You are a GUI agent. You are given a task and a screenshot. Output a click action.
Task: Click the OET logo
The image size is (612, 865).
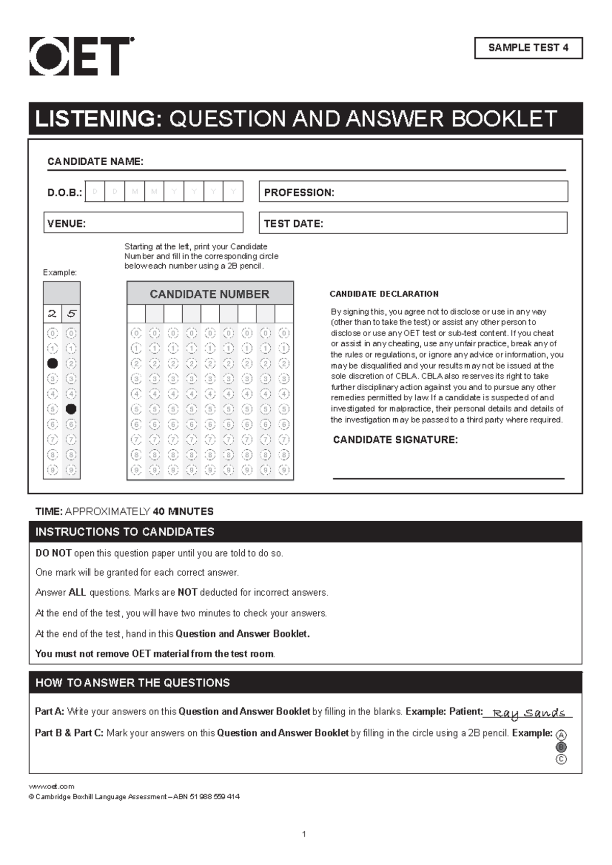point(82,56)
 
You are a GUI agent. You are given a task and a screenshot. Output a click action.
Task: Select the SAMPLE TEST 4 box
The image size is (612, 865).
point(528,48)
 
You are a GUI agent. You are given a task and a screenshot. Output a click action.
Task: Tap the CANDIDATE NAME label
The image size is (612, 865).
point(95,162)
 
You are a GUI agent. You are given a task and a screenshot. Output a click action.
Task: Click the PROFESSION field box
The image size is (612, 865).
point(413,192)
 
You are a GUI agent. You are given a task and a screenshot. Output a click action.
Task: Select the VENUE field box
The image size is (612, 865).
point(143,223)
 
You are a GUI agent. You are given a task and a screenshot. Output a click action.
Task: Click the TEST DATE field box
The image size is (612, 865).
point(413,223)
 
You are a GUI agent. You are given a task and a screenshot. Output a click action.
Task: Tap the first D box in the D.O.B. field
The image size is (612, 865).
point(95,192)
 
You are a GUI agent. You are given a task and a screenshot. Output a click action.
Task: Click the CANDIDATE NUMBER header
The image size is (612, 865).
point(210,294)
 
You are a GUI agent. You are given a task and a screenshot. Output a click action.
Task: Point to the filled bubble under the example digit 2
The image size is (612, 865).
point(52,364)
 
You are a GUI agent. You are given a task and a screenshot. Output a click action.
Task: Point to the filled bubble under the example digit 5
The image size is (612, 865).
point(71,409)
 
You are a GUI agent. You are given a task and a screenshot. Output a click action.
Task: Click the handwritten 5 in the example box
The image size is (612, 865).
point(71,314)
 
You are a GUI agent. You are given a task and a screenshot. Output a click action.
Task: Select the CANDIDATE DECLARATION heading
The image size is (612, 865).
point(384,294)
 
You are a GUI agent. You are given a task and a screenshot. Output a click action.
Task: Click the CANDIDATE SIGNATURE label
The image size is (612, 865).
point(395,440)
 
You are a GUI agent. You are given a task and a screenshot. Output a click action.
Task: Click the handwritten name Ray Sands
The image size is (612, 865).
point(528,713)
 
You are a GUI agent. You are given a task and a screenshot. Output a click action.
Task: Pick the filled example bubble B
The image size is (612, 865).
point(561,747)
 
